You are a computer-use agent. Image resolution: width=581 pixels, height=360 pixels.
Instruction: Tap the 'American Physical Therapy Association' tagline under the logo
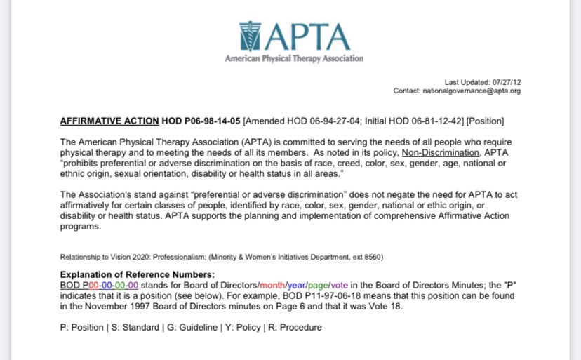294,59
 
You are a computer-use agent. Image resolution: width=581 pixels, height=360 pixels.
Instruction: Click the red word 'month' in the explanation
272,285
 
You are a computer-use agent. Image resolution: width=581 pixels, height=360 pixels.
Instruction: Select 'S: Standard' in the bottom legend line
124,327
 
